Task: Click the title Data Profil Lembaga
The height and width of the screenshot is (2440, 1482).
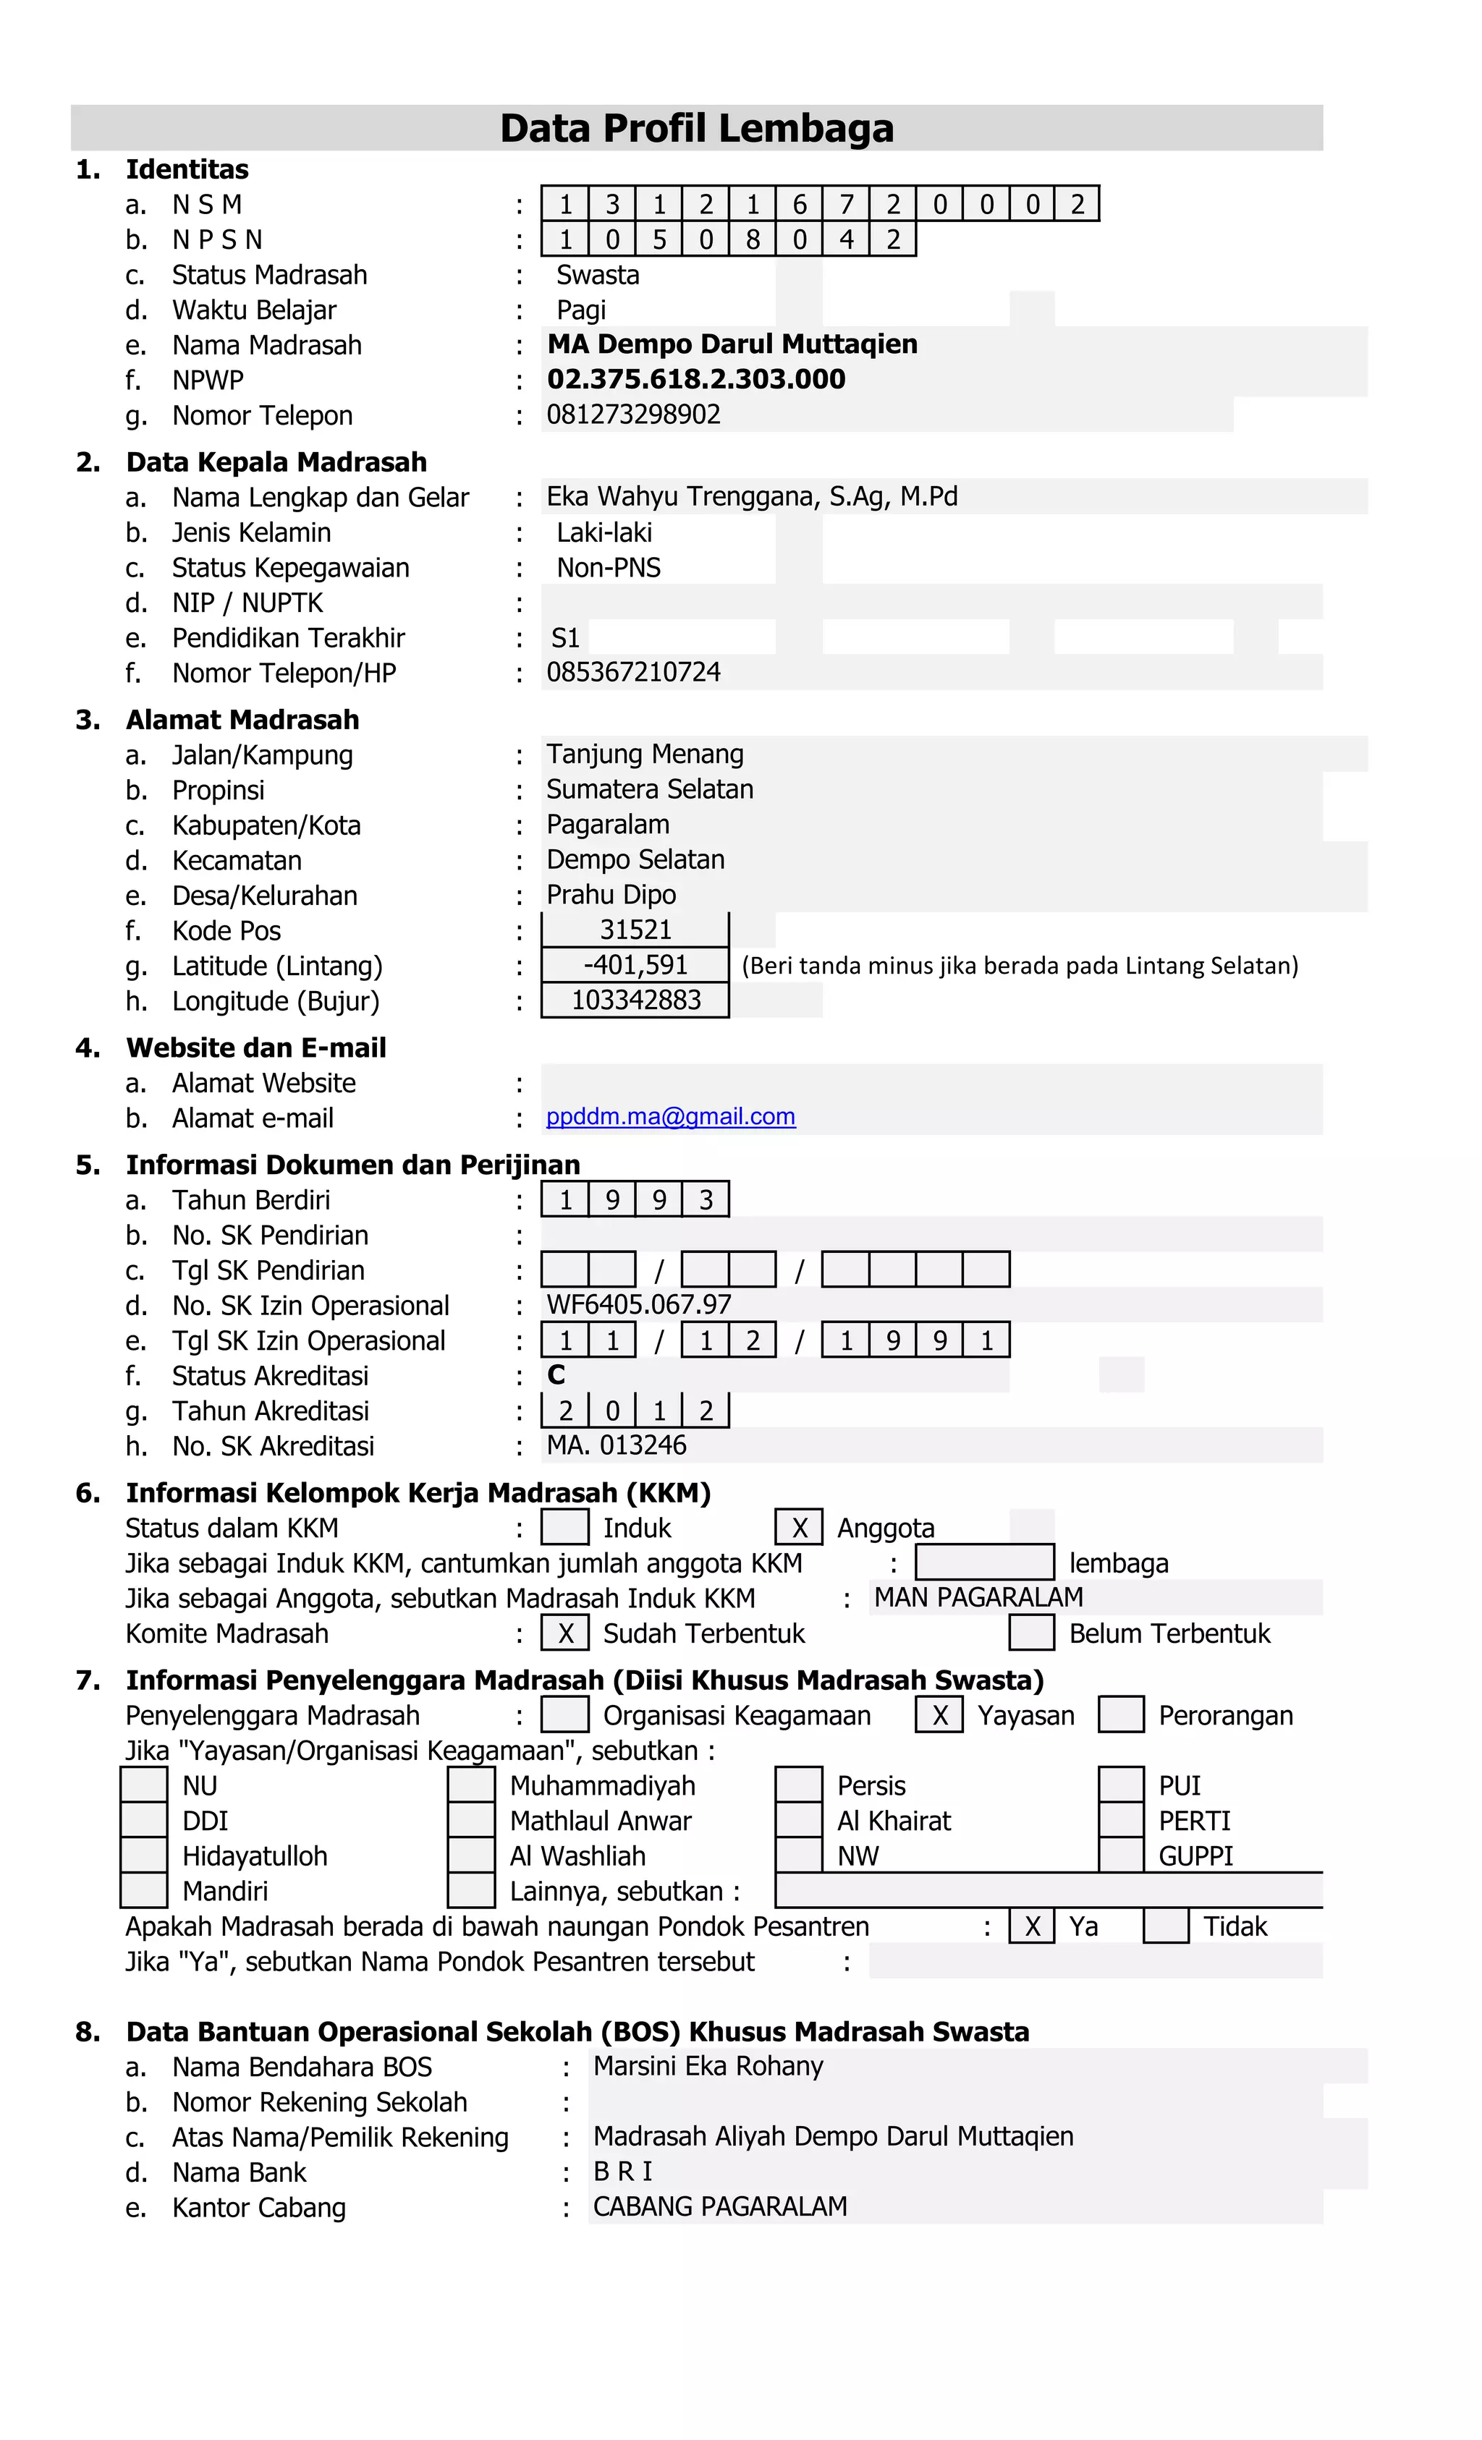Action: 696,128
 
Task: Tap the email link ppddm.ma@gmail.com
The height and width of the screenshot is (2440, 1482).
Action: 671,1117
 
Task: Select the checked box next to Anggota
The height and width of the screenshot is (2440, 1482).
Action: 798,1528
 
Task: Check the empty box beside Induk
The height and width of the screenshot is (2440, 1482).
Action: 564,1528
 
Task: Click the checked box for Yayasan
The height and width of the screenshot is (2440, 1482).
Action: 939,1715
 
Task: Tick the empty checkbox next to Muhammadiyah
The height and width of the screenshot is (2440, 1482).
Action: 472,1785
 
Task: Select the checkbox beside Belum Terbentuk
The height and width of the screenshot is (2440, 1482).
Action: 1031,1633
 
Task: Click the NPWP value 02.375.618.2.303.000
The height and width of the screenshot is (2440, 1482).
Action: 696,379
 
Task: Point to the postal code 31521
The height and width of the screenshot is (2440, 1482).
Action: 635,930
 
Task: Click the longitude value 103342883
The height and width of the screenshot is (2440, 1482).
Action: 635,1000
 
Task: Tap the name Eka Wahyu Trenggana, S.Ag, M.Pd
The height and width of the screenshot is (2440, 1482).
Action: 752,496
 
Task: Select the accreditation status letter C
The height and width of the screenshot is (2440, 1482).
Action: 556,1374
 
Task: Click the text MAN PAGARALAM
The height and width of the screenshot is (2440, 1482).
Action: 978,1597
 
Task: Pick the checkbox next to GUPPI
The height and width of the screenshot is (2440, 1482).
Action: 1122,1855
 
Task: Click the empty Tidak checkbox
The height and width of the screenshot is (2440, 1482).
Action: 1166,1926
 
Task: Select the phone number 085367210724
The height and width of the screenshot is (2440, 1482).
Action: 633,672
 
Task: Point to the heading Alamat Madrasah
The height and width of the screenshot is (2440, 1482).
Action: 242,720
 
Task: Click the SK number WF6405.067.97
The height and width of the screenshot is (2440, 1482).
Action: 639,1305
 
